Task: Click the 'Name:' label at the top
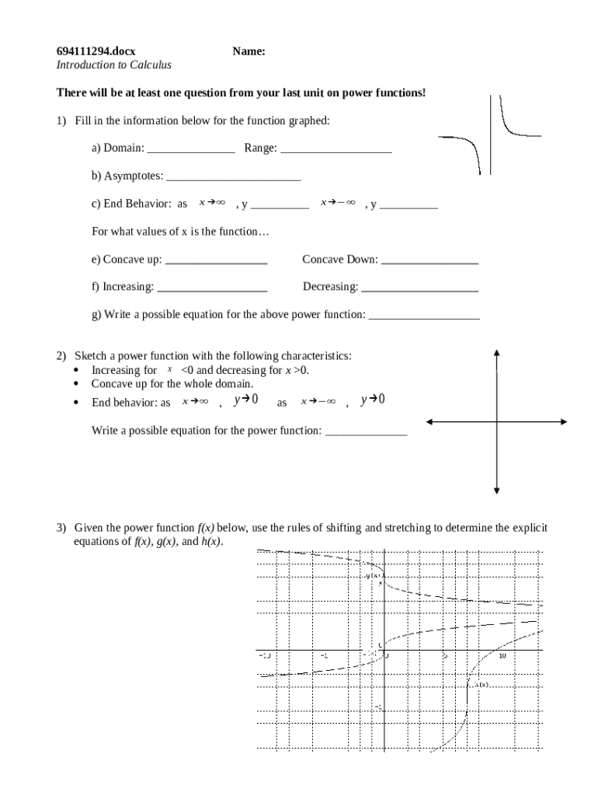[x=249, y=51]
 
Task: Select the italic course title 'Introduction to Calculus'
[x=114, y=65]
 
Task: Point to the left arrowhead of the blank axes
[x=429, y=422]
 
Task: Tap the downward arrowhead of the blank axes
[x=497, y=490]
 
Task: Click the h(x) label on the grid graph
[x=482, y=684]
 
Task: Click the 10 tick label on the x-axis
[x=502, y=656]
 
